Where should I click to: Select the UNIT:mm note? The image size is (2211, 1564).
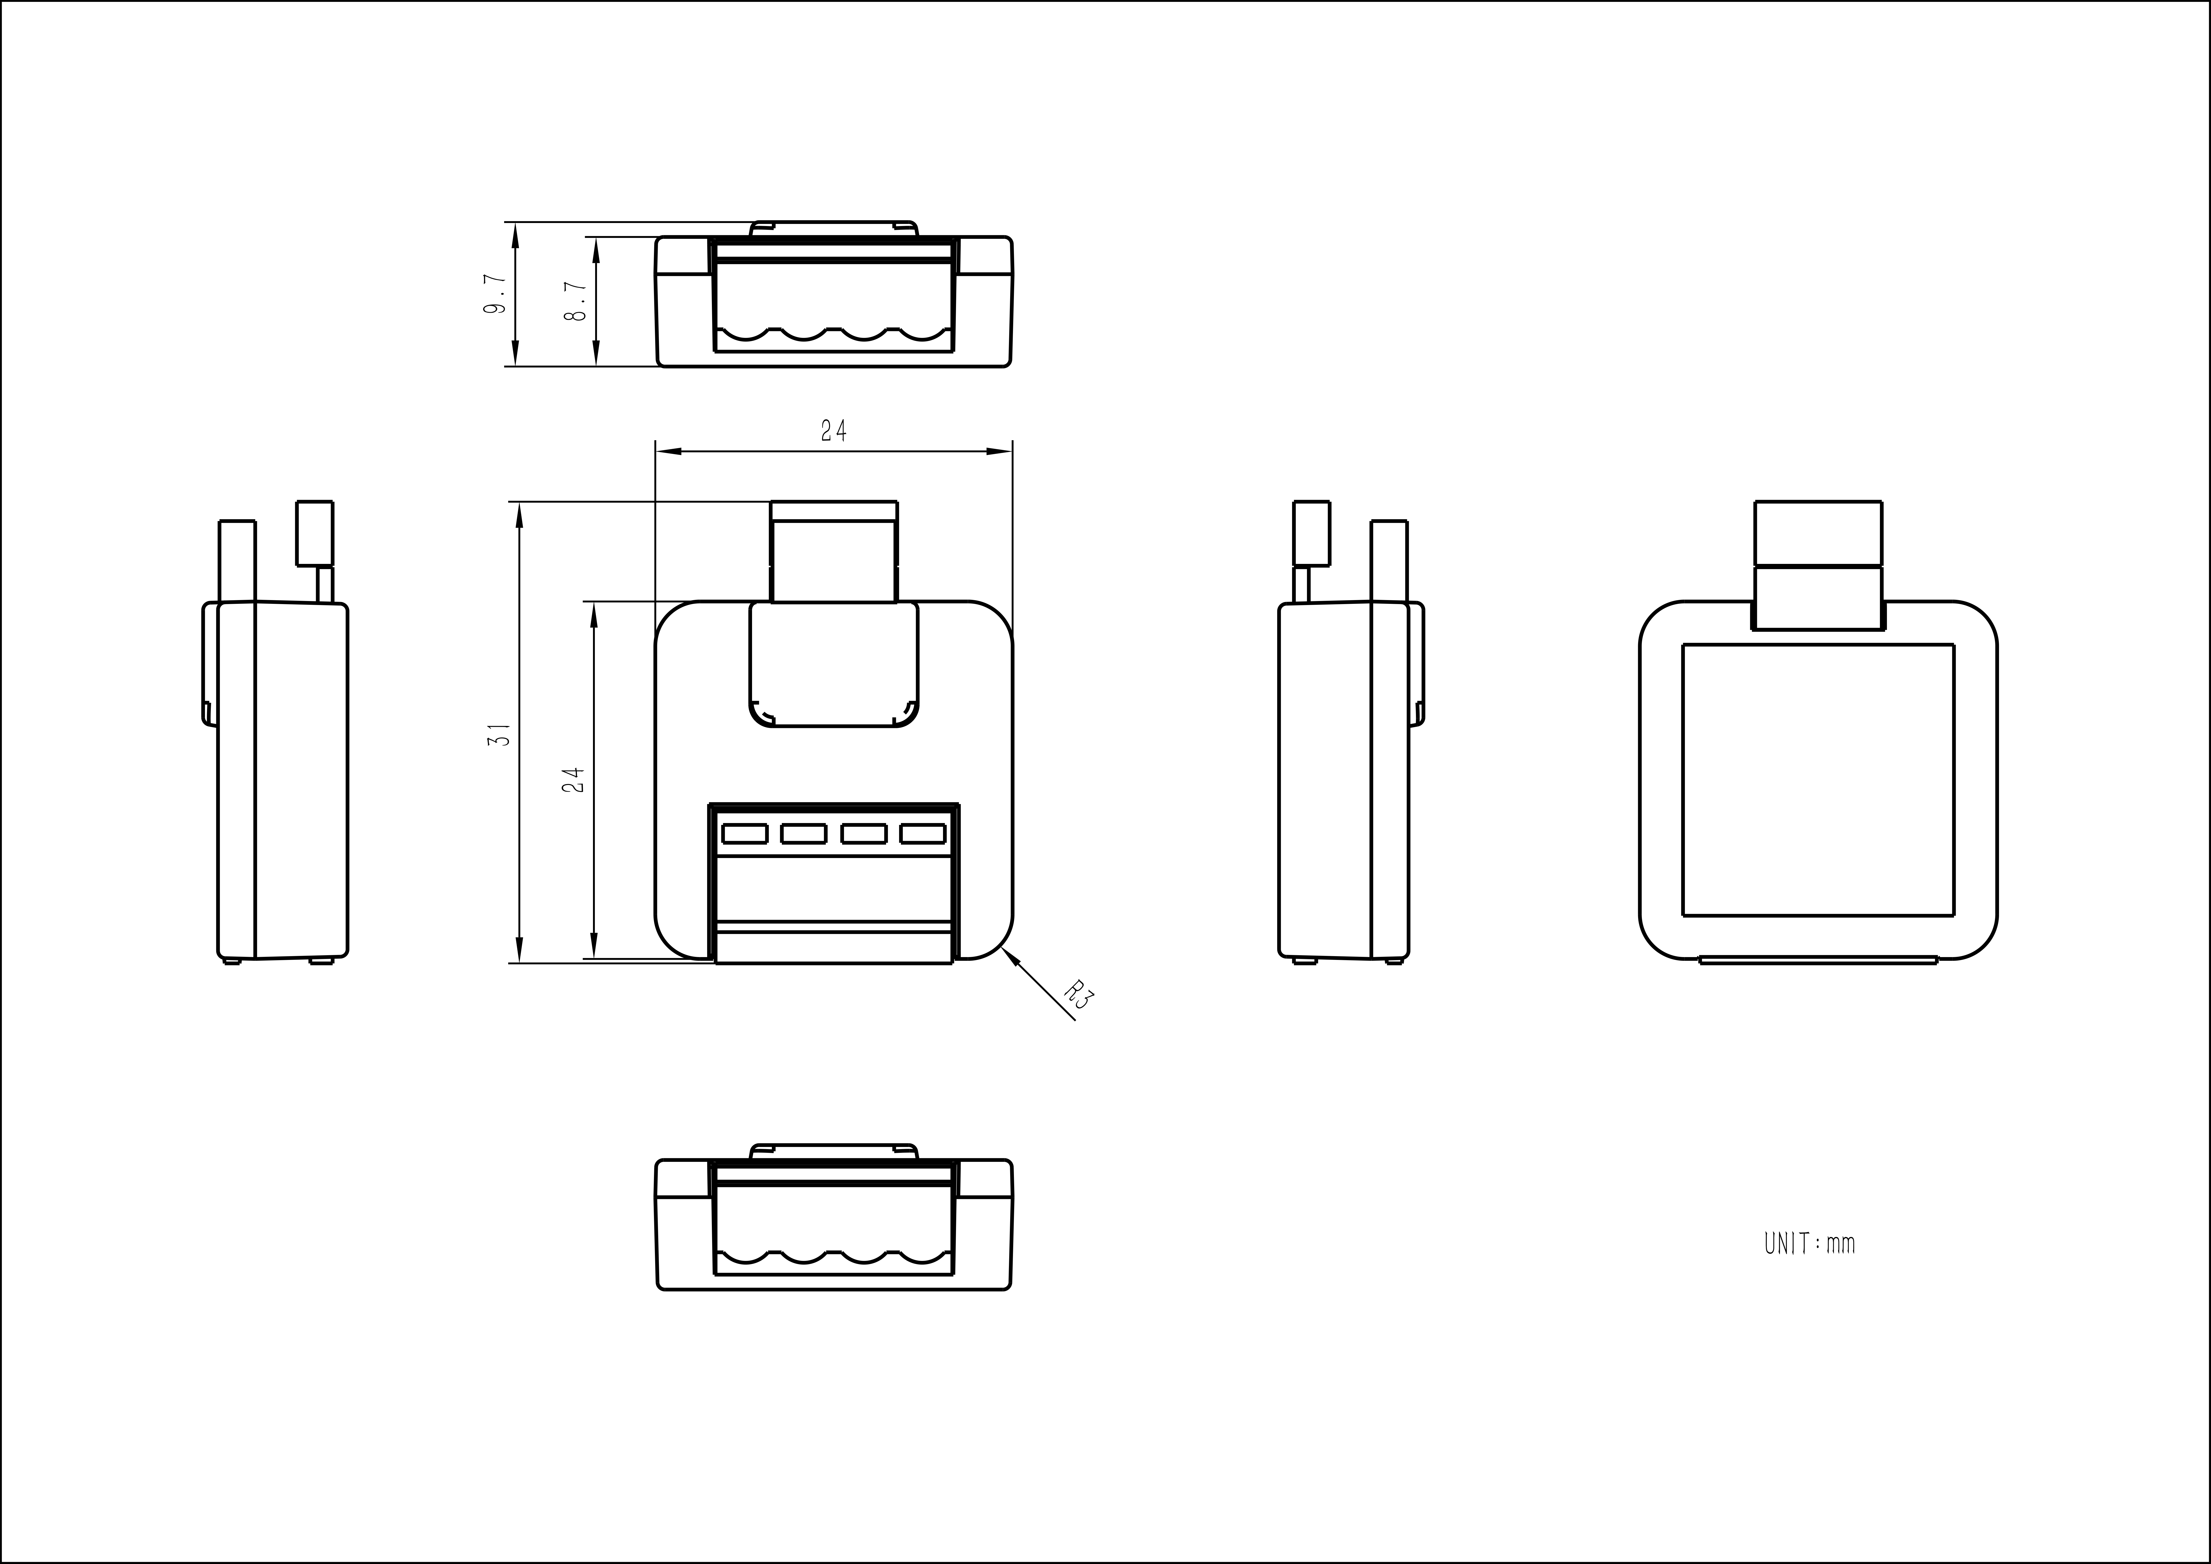click(x=1809, y=1243)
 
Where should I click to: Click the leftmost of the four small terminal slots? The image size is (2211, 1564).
click(x=744, y=833)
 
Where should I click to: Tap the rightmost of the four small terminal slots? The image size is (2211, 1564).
click(x=922, y=833)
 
